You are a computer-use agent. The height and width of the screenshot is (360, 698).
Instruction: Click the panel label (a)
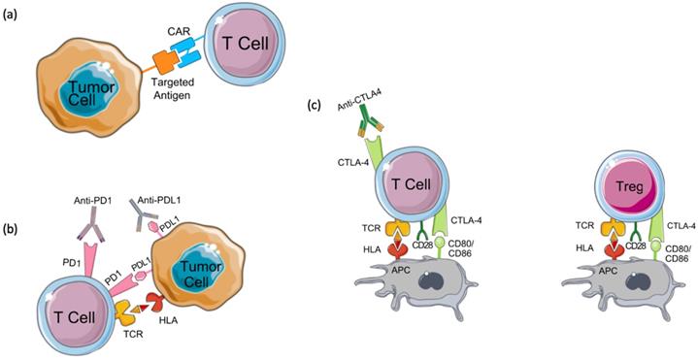13,13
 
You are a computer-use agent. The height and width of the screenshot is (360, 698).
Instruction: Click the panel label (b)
13,231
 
